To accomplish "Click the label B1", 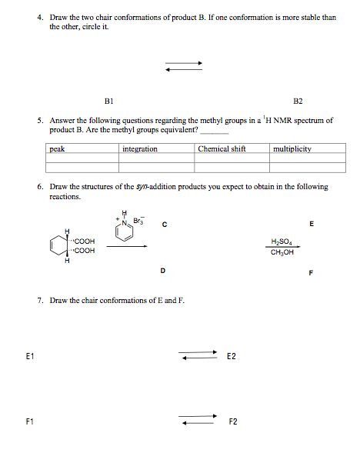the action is click(x=108, y=101).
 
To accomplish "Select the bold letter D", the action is click(x=162, y=271).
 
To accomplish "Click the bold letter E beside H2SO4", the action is click(x=311, y=224).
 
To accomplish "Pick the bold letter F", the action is click(x=311, y=271).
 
